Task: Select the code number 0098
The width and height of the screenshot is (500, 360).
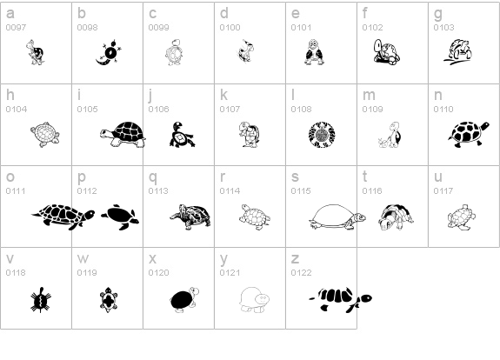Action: (x=87, y=28)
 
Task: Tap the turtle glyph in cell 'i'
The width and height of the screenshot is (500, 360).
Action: (x=123, y=133)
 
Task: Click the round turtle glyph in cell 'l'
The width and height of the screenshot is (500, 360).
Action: (x=321, y=135)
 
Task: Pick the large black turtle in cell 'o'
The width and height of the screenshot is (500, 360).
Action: (x=64, y=215)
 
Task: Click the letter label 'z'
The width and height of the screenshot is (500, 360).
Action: (x=295, y=259)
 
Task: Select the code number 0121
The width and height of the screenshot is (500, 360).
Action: (x=230, y=273)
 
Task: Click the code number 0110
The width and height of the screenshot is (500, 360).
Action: (x=443, y=110)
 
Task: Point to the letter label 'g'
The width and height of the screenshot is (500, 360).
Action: (x=438, y=14)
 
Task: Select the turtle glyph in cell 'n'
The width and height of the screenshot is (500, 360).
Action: (x=469, y=133)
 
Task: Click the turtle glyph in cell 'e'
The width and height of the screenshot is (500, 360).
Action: (x=314, y=54)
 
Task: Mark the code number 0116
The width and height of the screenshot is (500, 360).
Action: (x=372, y=191)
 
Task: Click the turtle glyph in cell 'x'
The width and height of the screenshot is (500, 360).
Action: (x=183, y=297)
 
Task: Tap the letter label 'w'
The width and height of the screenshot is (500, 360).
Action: (x=83, y=259)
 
